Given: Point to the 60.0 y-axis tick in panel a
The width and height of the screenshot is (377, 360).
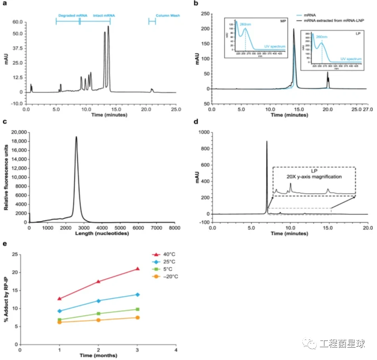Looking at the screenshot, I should point(17,22).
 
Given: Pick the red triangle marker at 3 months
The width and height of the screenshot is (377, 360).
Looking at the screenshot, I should point(138,269).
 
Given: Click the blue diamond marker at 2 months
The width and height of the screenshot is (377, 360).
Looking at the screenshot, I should point(98,300).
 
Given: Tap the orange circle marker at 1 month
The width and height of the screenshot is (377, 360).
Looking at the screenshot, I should point(60,322).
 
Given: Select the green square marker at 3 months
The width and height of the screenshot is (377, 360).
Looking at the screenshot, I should point(138,309).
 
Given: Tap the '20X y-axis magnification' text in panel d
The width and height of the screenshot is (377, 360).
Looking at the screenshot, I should point(314,176).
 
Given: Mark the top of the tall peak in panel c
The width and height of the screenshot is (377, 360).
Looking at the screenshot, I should point(76,137).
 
